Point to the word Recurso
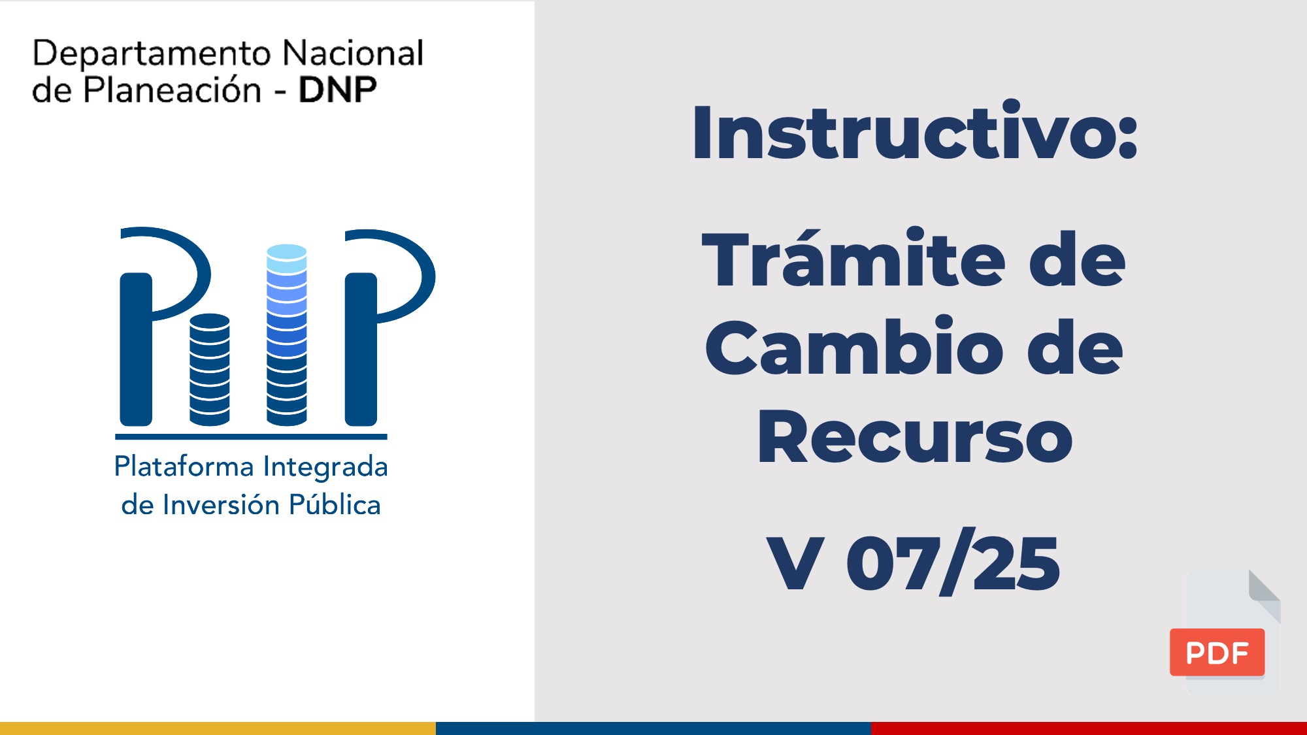[915, 436]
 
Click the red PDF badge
[1217, 652]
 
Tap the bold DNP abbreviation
[337, 90]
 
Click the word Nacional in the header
[353, 53]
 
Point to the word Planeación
[173, 90]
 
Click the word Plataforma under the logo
[184, 466]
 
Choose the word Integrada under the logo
[325, 467]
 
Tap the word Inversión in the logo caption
[221, 504]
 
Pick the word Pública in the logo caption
[335, 504]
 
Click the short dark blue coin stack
[210, 370]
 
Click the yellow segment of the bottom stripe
[218, 728]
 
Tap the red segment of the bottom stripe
[1089, 728]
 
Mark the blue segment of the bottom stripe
[653, 728]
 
